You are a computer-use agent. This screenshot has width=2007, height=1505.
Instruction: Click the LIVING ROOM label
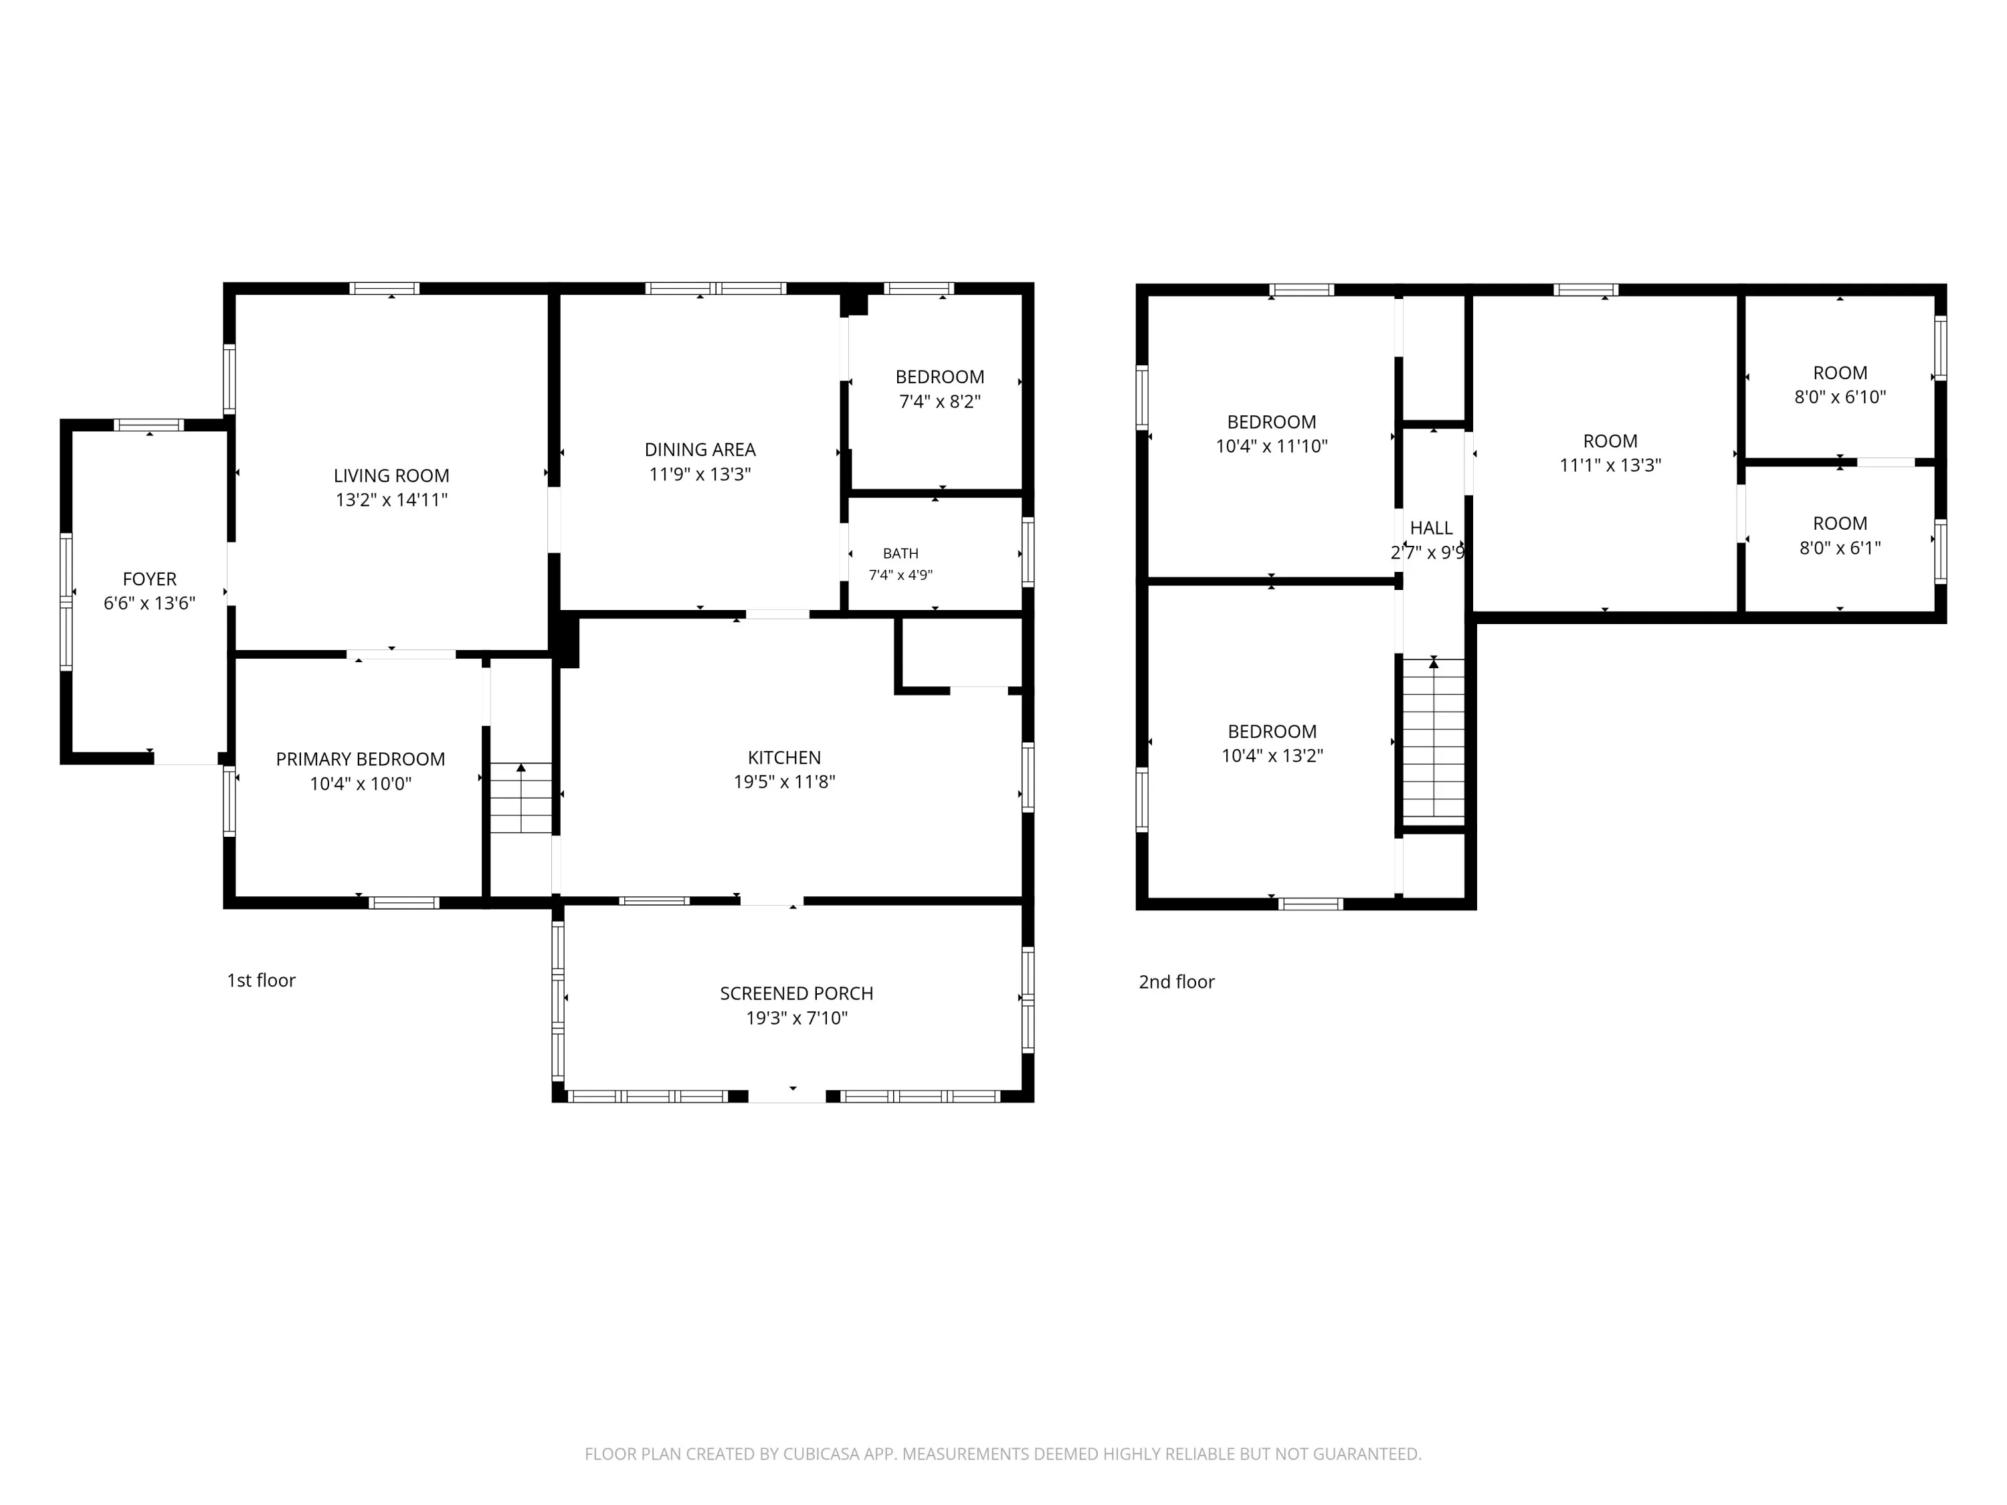[x=391, y=476]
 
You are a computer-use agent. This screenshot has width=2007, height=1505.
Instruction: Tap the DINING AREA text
[x=700, y=449]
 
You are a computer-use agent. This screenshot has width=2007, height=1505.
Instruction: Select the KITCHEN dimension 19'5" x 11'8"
[x=784, y=782]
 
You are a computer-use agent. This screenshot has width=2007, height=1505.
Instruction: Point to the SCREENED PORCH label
[x=797, y=993]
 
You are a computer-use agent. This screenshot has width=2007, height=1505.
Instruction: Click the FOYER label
[x=150, y=579]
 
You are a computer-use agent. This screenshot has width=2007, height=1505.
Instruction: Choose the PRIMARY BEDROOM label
[x=360, y=759]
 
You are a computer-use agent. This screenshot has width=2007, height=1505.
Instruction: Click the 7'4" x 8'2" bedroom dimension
[x=940, y=401]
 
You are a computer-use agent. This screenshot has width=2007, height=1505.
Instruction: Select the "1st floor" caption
[x=262, y=980]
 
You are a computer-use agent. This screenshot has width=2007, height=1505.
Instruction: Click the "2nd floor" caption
[x=1177, y=981]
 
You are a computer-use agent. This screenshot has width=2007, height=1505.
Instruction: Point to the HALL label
[x=1431, y=528]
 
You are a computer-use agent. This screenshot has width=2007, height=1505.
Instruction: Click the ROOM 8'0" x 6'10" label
[x=1840, y=373]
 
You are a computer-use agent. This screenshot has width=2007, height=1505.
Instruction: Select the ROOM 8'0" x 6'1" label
[x=1840, y=524]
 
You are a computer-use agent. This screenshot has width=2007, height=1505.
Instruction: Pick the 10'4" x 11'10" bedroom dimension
[x=1271, y=446]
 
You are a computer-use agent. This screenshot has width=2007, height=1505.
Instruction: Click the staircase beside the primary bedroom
[x=520, y=798]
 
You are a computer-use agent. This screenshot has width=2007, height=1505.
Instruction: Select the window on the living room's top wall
[x=385, y=288]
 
